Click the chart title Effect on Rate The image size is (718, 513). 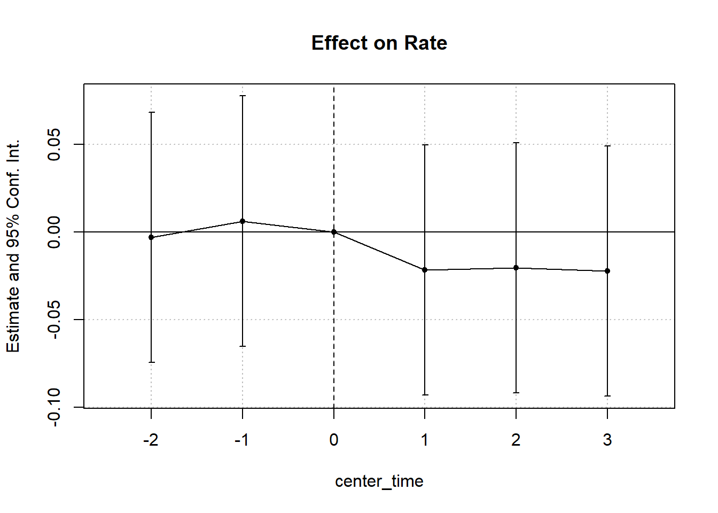379,43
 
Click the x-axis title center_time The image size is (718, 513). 379,481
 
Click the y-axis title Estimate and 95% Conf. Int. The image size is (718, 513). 13,246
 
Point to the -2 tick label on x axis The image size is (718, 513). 151,440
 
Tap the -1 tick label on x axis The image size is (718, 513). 242,440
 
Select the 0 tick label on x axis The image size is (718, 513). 334,440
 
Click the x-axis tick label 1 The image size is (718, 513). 425,440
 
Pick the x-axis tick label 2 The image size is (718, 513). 516,440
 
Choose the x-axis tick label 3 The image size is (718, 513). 607,440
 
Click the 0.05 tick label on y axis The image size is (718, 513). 54,144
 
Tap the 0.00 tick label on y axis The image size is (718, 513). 54,232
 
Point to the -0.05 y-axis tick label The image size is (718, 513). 54,320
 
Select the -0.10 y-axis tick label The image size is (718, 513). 54,407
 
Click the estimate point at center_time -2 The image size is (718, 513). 151,237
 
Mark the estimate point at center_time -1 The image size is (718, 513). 243,221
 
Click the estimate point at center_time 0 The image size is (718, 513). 334,232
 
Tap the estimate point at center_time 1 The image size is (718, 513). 425,270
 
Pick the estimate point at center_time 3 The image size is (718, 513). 607,271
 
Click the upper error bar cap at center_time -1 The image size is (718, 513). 243,96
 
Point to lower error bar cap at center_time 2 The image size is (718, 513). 516,393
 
